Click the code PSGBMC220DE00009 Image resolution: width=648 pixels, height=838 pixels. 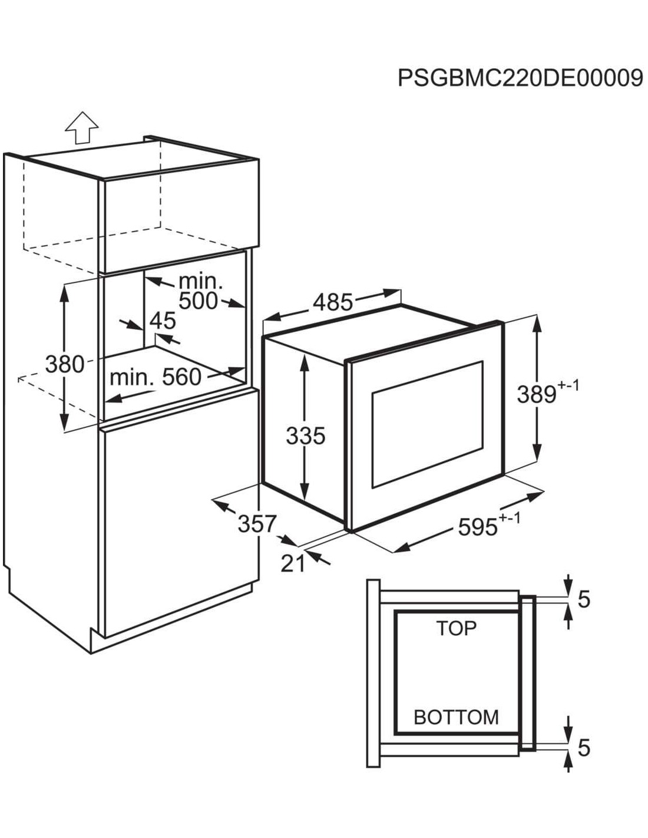click(x=520, y=78)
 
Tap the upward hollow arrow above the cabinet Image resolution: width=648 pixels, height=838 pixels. click(x=82, y=127)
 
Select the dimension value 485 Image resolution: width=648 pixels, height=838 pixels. click(x=333, y=302)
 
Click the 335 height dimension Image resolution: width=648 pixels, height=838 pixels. click(x=306, y=437)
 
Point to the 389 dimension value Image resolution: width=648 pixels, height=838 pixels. click(x=537, y=394)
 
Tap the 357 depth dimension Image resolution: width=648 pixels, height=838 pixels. click(x=257, y=523)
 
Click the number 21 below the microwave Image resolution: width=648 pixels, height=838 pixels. click(x=293, y=564)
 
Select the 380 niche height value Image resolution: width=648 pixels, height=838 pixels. click(x=64, y=364)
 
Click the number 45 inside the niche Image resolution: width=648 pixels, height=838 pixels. click(x=162, y=321)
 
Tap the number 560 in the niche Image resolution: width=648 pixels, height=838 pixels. click(x=181, y=377)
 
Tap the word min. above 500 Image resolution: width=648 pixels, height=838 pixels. click(x=200, y=282)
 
